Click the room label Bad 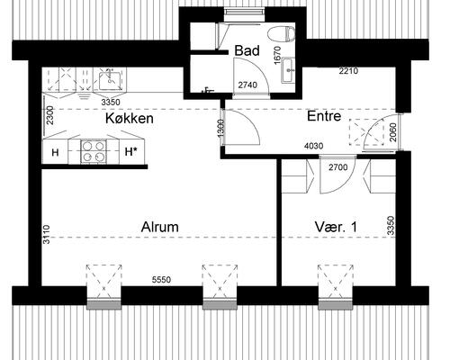247,50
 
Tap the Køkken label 130,118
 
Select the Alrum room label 159,227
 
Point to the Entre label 324,116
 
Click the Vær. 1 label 336,227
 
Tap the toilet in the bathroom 282,33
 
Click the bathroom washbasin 288,70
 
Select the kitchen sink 110,79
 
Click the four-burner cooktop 94,151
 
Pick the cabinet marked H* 132,152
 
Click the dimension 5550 161,280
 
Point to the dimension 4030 314,146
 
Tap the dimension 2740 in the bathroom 247,85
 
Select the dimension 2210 348,71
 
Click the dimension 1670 277,55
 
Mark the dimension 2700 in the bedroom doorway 338,166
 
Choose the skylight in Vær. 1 336,283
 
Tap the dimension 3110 47,234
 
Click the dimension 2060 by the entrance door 393,132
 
